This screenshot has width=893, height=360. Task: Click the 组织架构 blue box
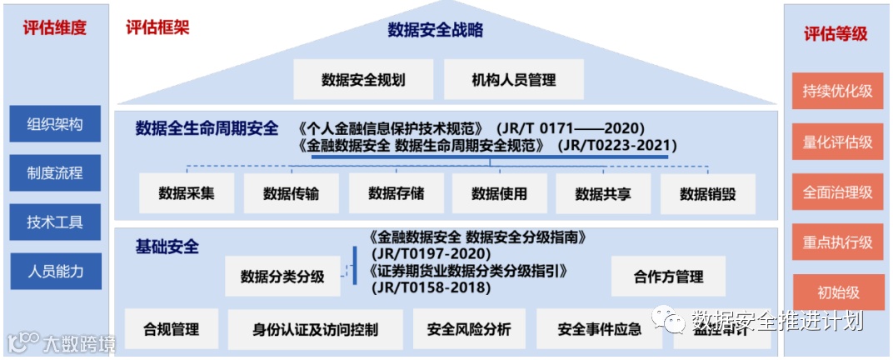[55, 124]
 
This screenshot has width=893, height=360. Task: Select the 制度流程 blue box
[55, 173]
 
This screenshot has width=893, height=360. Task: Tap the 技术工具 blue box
[55, 222]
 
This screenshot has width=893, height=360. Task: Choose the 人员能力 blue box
[55, 271]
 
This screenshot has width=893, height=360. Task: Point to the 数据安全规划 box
[363, 80]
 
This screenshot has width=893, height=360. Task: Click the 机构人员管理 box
[513, 80]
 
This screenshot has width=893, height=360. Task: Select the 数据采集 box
[187, 193]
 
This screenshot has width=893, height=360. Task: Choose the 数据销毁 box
[707, 193]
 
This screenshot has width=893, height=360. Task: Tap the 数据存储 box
[396, 193]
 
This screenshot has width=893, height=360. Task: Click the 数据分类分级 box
[282, 276]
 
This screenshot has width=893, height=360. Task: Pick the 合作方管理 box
[668, 276]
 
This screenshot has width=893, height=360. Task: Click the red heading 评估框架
[157, 27]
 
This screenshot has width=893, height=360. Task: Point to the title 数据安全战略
[435, 31]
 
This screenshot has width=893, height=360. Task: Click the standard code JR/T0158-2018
[432, 287]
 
